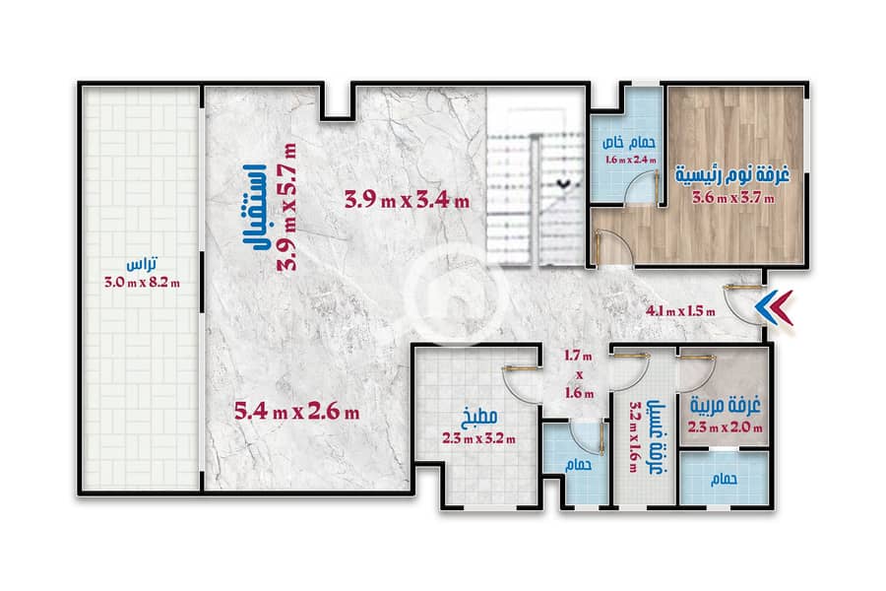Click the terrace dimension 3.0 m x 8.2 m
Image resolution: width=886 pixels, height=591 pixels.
pos(143,283)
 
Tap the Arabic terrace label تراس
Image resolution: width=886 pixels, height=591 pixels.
pos(142,265)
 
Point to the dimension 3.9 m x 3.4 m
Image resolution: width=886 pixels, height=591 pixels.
pos(407,200)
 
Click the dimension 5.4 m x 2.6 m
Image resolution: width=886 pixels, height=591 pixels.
pos(296,411)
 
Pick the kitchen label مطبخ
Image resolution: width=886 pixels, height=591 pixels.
pos(479,418)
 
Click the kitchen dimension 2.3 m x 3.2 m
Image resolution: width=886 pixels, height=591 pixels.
pos(479,438)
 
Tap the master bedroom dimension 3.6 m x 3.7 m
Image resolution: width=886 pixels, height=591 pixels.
pos(733,198)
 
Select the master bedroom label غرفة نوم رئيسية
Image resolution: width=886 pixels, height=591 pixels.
pos(732,174)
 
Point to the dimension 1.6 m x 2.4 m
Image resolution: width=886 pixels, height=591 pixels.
pos(631,160)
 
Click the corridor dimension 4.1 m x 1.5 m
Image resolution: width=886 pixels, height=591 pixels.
pos(680,311)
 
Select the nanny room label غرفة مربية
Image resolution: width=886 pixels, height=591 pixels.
pos(725,406)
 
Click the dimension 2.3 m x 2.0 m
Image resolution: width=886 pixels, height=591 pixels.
pos(725,427)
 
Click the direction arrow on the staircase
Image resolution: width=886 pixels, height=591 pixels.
pos(564,183)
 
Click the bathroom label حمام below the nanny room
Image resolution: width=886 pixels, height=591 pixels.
pos(724,480)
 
